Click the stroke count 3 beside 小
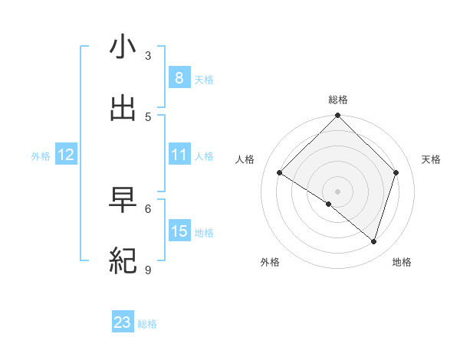tap(148, 56)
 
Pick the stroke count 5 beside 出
tap(148, 116)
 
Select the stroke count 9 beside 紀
tap(148, 270)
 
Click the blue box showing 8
tap(179, 77)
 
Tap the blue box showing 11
tap(179, 155)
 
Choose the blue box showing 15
tap(179, 231)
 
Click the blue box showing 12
tap(66, 155)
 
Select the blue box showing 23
tap(123, 322)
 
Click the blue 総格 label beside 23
tap(147, 324)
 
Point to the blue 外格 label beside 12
tap(41, 156)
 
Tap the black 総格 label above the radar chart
tap(338, 100)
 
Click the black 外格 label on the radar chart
tap(270, 263)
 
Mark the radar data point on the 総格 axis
tap(338, 116)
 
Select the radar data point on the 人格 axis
tap(280, 173)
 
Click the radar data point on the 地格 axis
tap(374, 241)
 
